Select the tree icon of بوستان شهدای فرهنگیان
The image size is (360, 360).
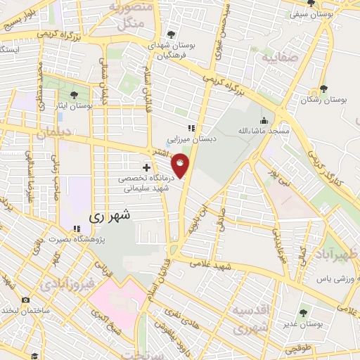click(x=172, y=34)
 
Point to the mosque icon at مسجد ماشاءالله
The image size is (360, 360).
click(x=264, y=120)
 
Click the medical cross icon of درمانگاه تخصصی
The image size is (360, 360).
click(x=146, y=167)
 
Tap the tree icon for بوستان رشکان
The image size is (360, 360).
click(x=323, y=89)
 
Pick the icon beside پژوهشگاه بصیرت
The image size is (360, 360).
click(x=77, y=229)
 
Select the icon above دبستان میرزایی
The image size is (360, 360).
click(x=190, y=128)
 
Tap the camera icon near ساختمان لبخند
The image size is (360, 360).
click(x=26, y=300)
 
